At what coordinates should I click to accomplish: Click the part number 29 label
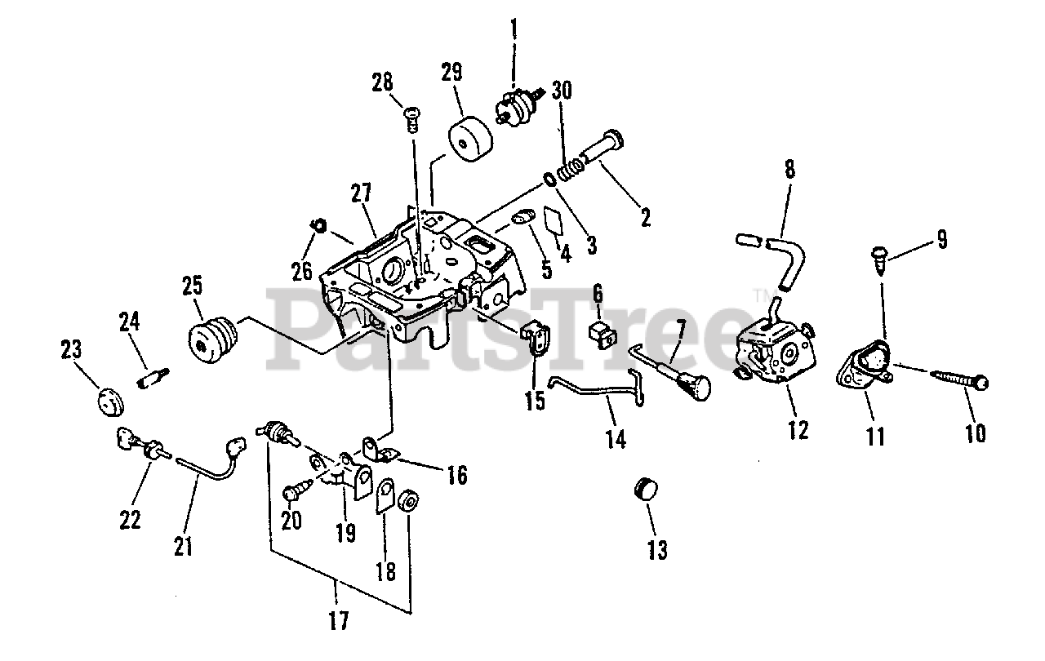click(451, 72)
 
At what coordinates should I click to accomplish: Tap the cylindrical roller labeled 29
click(470, 142)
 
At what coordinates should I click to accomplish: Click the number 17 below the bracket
click(338, 621)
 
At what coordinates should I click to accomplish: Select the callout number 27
click(362, 193)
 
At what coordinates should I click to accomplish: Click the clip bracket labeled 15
click(536, 338)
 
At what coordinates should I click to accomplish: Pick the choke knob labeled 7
click(698, 383)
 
